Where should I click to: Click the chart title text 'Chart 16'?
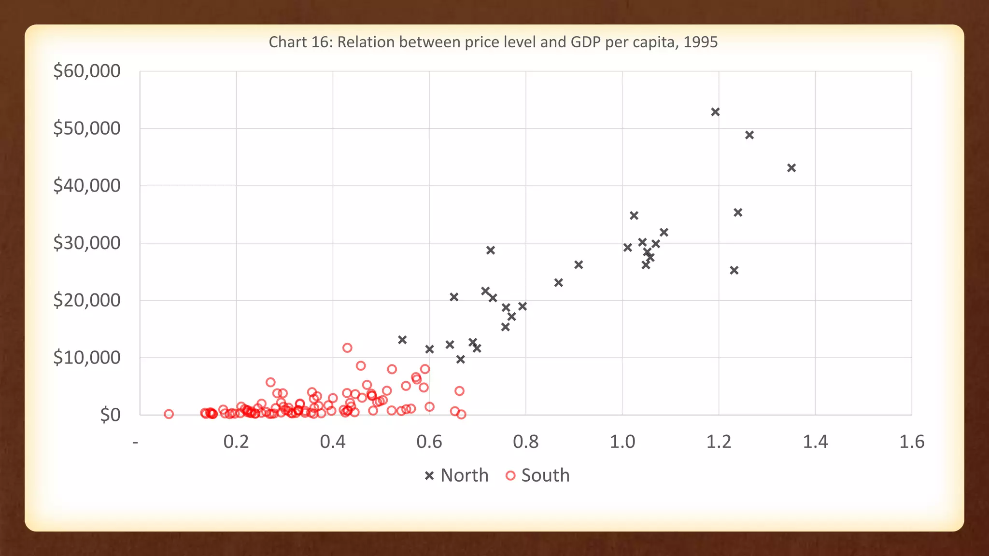299,42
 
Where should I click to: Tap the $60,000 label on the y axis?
87,71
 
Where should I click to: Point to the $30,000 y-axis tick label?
87,243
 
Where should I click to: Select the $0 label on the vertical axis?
110,415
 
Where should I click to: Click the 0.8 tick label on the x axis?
525,442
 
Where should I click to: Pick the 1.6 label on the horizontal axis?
911,442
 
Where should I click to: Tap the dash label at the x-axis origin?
135,442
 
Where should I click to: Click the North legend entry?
457,475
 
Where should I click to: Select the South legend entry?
538,475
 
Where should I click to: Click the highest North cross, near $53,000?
715,112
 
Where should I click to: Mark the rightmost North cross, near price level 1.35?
791,168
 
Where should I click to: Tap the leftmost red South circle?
169,414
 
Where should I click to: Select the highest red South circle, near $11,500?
347,348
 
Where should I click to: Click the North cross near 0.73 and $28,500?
490,250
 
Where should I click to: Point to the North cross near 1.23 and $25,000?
734,270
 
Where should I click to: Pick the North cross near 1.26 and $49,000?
749,135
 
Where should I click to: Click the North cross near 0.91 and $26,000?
579,264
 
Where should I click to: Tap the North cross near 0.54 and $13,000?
402,340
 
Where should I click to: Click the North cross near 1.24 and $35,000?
738,212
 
